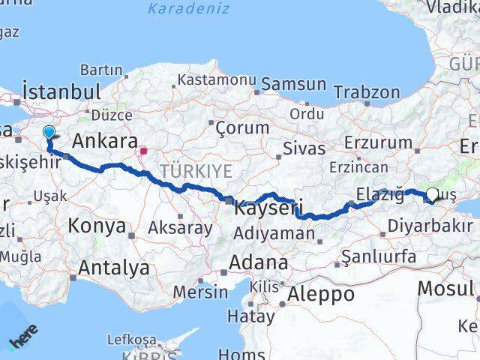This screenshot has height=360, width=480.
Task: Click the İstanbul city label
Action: point(62,92)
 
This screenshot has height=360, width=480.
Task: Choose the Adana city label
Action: point(259,263)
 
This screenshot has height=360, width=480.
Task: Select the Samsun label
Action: point(294,84)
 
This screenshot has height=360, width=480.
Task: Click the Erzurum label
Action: point(379,142)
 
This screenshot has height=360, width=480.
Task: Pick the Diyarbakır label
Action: point(424,223)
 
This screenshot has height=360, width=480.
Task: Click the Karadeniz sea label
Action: point(178,10)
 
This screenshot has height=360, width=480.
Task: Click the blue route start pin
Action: point(49,133)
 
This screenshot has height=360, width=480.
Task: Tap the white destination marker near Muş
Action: point(433,196)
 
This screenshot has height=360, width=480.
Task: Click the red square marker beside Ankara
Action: point(143,151)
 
